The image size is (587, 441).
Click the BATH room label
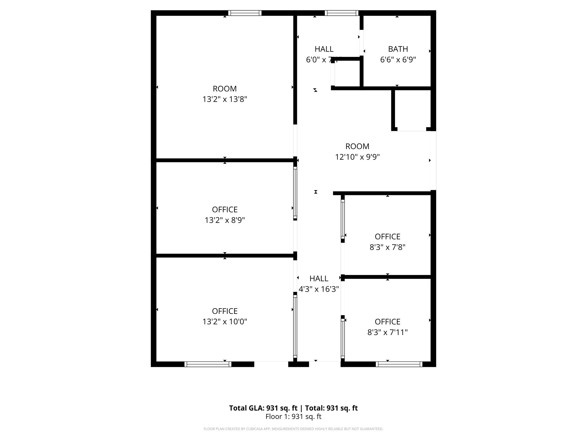398,49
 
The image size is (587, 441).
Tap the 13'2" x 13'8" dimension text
225,99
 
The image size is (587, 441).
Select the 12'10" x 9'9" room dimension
357,157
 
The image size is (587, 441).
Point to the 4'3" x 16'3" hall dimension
319,289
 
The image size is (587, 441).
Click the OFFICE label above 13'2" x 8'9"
225,210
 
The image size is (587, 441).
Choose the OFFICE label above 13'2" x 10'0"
225,311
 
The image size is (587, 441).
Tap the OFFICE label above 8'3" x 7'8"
388,237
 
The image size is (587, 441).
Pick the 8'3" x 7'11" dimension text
388,332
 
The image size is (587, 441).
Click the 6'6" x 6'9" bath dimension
398,60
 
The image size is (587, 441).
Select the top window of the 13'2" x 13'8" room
245,13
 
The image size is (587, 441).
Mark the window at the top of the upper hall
341,13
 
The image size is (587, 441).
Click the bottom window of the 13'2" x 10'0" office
208,364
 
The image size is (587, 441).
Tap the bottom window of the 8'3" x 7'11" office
399,364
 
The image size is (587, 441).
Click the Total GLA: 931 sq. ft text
263,408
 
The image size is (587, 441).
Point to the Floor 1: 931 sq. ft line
293,417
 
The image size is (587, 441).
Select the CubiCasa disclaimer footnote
293,429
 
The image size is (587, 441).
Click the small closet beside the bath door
347,73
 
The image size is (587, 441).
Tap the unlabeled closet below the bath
412,109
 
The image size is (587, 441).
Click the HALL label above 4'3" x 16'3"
319,278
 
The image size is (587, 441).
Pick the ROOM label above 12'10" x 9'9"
357,146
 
